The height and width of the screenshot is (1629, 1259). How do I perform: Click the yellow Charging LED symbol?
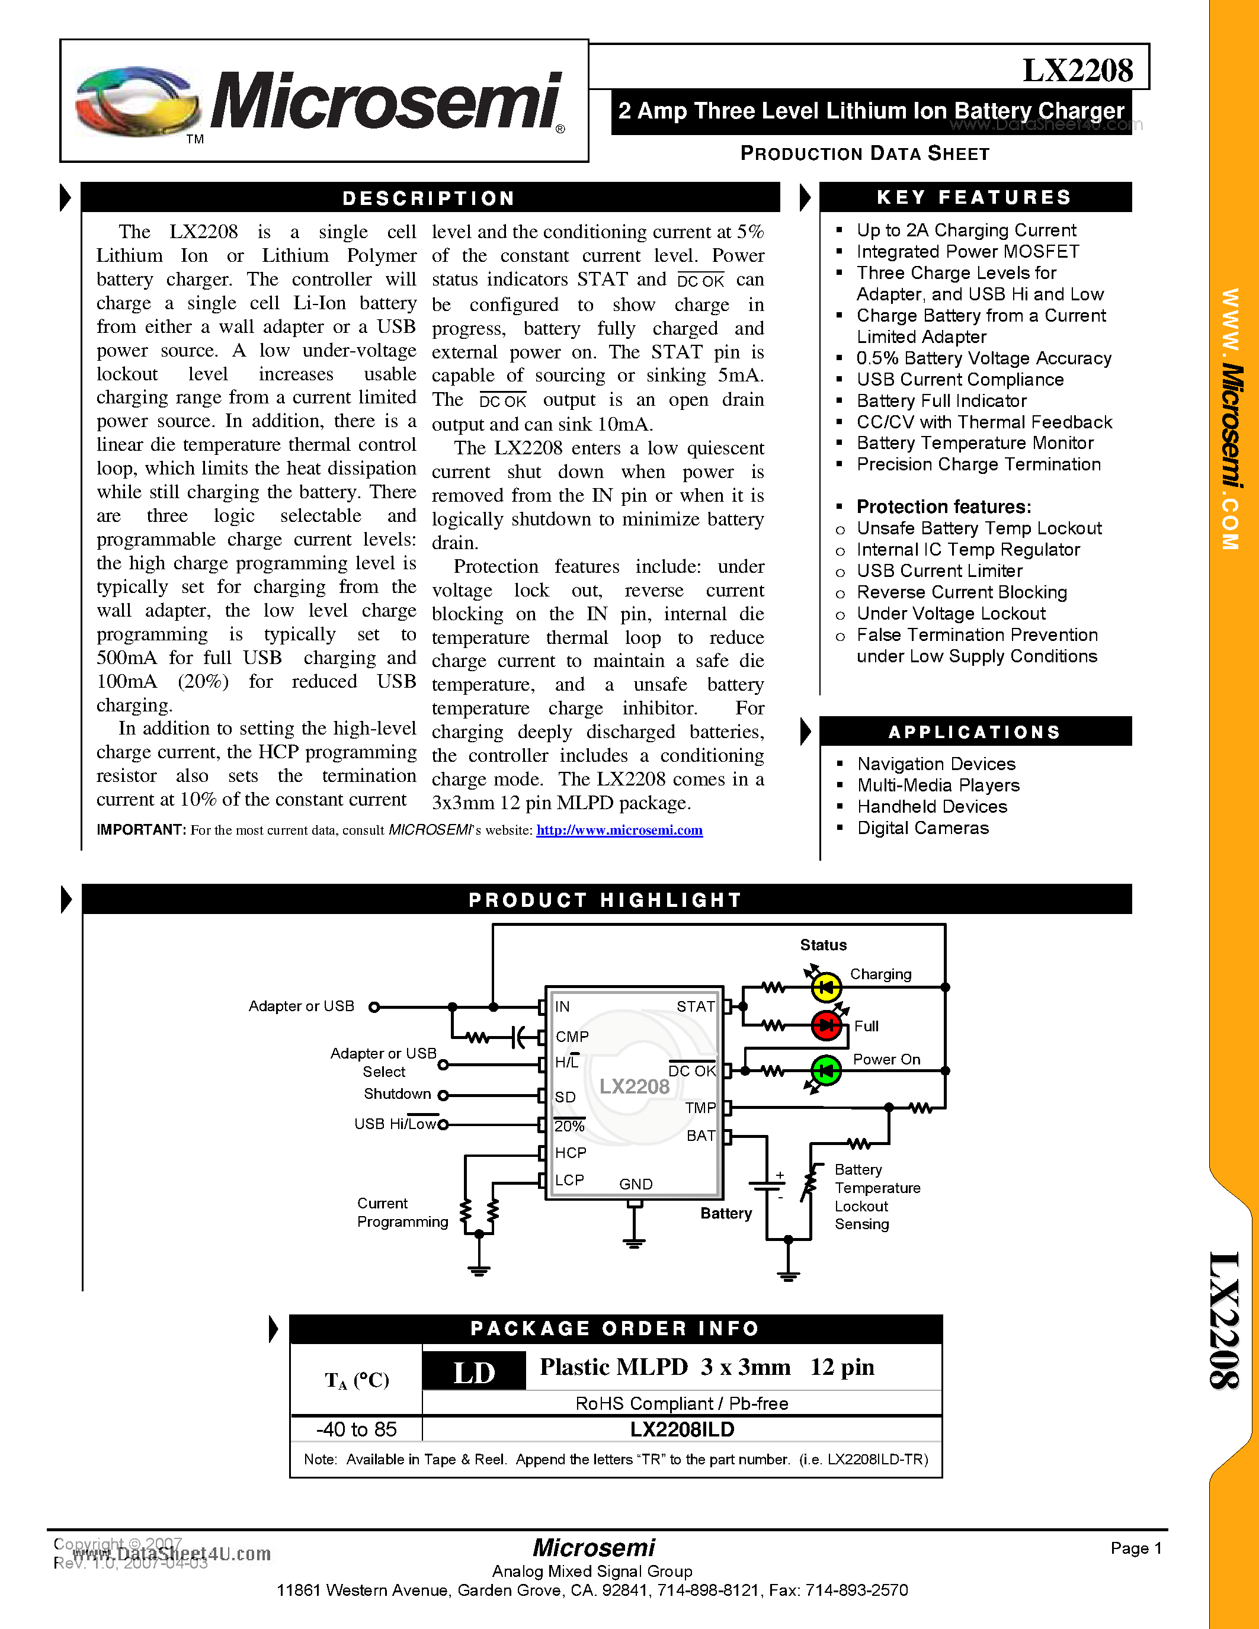coord(826,987)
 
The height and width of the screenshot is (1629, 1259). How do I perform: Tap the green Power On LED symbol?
coord(826,1071)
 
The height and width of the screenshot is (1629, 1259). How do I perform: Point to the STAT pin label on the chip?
coord(695,1006)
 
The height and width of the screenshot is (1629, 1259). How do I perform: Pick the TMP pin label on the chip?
coord(700,1108)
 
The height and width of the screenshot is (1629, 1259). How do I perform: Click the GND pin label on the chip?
coord(636,1184)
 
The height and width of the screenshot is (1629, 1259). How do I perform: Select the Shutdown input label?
coord(397,1094)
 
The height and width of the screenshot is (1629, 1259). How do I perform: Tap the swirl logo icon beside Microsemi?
coord(138,102)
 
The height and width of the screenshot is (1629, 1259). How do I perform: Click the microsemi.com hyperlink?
coord(619,830)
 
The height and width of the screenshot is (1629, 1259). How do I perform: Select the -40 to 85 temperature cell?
coord(357,1429)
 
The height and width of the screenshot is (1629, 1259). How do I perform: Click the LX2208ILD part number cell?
coord(682,1429)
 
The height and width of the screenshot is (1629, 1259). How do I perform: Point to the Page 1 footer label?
coord(1136,1548)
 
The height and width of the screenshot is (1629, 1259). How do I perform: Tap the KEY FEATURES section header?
coord(974,198)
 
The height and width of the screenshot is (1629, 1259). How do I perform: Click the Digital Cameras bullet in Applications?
coord(922,828)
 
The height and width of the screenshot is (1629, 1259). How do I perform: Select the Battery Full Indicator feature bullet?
coord(941,400)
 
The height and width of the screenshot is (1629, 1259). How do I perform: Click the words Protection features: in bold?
coord(943,507)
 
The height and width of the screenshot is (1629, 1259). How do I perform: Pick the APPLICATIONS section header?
coord(974,732)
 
